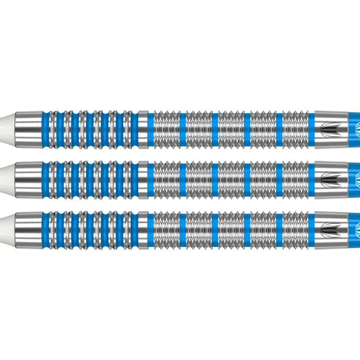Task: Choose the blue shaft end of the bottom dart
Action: point(352,228)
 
